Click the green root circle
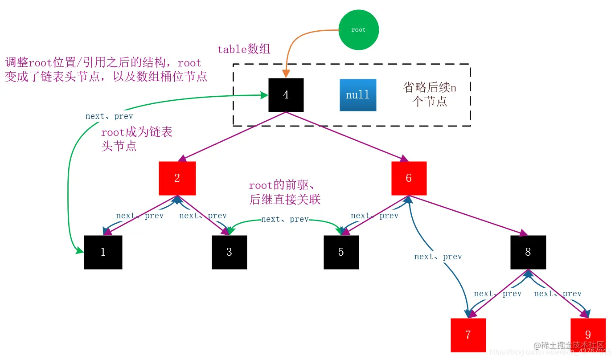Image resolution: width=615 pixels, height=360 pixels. click(x=358, y=30)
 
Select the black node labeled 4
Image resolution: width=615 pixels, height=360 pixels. click(x=286, y=95)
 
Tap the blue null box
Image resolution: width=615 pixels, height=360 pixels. click(x=358, y=95)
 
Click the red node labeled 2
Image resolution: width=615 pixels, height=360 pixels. click(x=177, y=178)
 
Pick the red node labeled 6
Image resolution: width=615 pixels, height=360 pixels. click(x=409, y=178)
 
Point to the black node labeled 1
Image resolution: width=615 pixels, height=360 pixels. click(x=103, y=252)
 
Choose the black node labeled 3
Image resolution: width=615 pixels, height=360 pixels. click(x=229, y=252)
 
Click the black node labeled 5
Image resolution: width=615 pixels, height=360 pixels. click(x=341, y=252)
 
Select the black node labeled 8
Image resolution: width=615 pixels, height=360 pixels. click(x=528, y=252)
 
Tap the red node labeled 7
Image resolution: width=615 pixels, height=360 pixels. click(x=468, y=335)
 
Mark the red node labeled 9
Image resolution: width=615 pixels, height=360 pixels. click(x=588, y=335)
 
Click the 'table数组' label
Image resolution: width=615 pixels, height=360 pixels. click(x=244, y=49)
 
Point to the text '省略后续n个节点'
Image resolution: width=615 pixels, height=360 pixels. click(x=430, y=94)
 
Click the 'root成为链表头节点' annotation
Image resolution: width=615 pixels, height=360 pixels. click(x=136, y=139)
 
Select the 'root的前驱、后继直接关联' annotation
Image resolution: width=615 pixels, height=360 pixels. click(x=285, y=192)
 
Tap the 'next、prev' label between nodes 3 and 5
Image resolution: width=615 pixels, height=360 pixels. click(x=285, y=219)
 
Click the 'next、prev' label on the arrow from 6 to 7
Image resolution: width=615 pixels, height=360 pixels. click(x=438, y=257)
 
